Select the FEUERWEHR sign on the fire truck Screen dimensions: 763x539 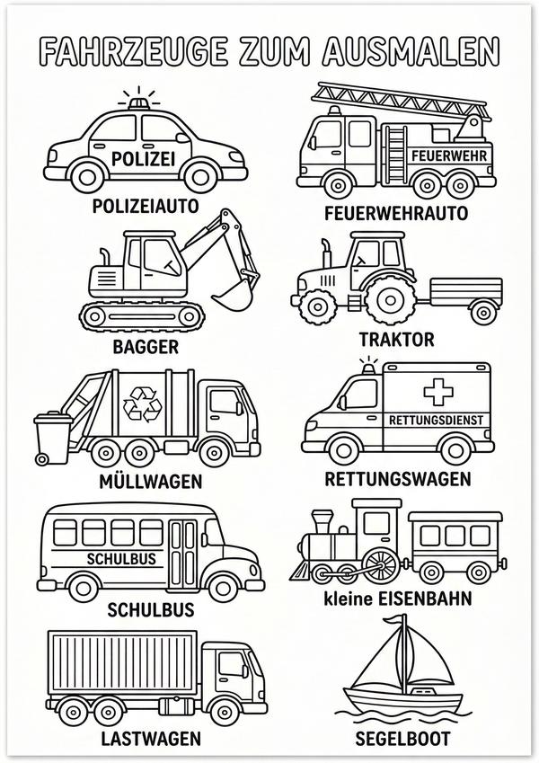(x=445, y=154)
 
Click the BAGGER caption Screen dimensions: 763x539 (x=146, y=346)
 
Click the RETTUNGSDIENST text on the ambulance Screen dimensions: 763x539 (x=436, y=420)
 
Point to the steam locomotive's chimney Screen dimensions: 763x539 (x=321, y=521)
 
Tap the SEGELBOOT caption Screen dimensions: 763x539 (x=411, y=739)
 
